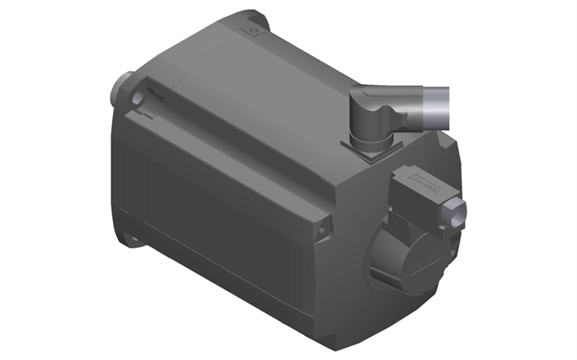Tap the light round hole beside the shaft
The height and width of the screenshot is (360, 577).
pyautogui.click(x=137, y=97)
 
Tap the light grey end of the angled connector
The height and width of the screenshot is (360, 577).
pyautogui.click(x=439, y=106)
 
